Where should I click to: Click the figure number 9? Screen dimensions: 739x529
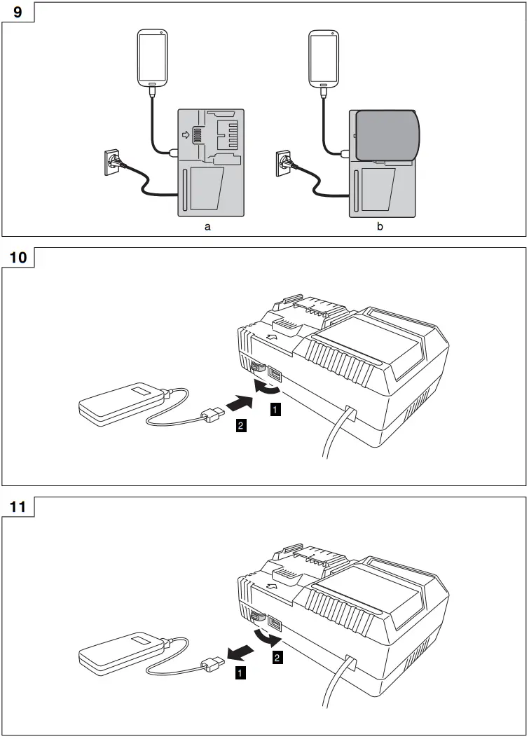click(18, 13)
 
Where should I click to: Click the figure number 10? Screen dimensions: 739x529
click(18, 257)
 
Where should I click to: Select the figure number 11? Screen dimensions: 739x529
click(18, 506)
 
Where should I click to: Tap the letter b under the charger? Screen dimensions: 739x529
click(380, 227)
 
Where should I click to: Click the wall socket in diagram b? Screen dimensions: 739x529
click(284, 162)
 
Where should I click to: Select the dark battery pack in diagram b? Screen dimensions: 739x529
click(387, 135)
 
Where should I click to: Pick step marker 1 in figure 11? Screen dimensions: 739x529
click(241, 673)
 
